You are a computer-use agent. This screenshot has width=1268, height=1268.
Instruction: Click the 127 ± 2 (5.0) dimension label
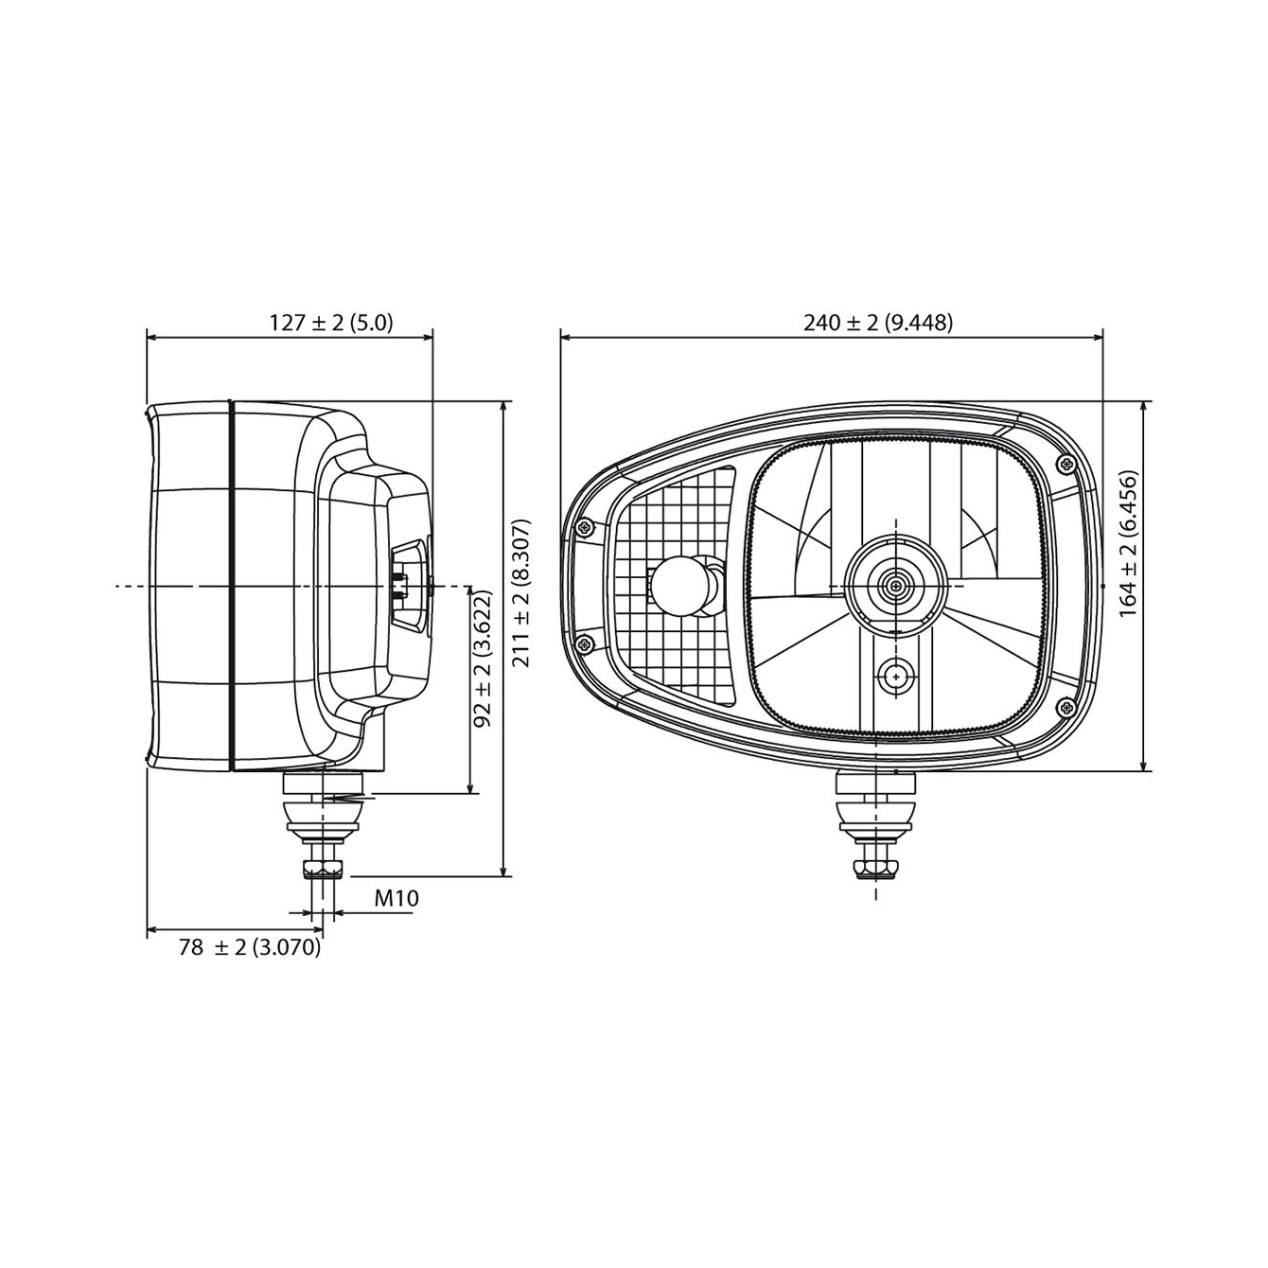click(331, 323)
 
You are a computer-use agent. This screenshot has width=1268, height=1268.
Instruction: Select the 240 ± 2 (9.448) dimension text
click(878, 323)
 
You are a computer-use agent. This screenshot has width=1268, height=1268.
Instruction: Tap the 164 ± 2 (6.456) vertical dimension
click(1128, 543)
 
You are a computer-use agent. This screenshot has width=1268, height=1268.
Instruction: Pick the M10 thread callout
click(396, 898)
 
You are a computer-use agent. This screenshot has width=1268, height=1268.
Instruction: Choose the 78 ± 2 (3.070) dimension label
click(250, 947)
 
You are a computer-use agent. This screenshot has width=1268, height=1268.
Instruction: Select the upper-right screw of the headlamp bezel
click(1066, 465)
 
